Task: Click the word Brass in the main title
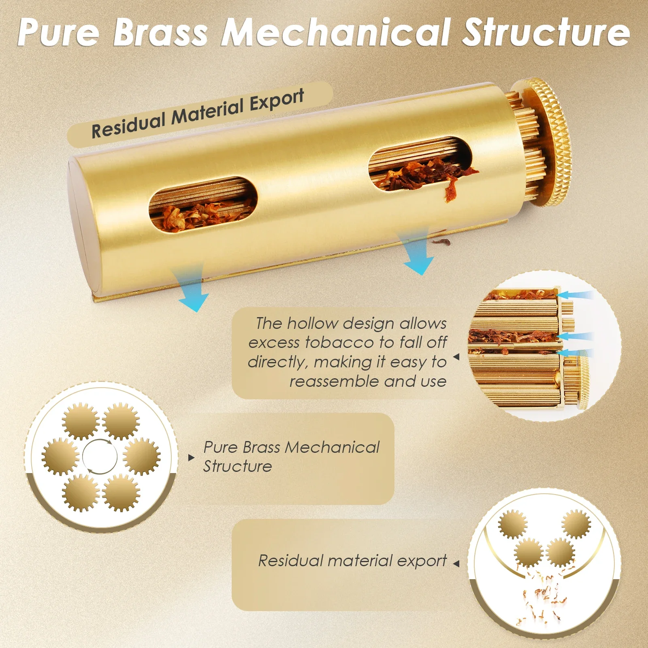click(160, 32)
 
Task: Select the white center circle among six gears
click(100, 456)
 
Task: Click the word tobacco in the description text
click(340, 343)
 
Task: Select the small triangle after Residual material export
click(456, 563)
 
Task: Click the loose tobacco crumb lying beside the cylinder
click(442, 242)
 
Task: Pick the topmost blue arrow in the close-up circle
click(575, 295)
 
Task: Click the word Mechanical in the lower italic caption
click(332, 447)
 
